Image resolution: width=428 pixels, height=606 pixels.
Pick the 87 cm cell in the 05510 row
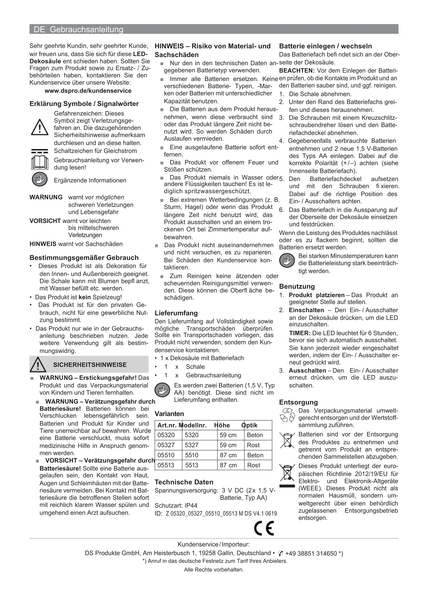(228, 455)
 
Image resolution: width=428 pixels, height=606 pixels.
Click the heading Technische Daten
(184, 482)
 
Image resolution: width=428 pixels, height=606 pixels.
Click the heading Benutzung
(297, 286)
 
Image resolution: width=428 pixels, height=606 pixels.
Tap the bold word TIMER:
(299, 333)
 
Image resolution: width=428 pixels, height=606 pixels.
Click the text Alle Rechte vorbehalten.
(214, 570)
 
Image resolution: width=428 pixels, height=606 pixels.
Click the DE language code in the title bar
(39, 29)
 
